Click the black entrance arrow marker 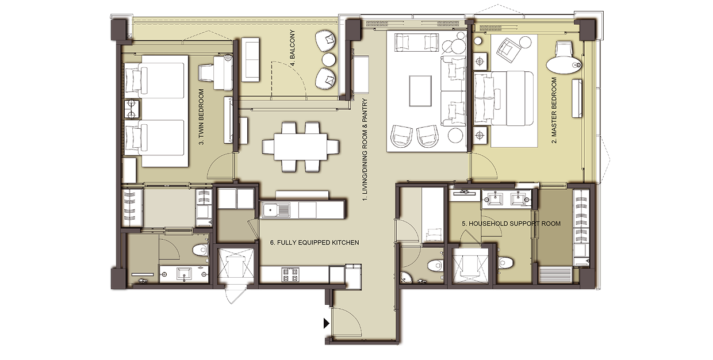coord(326,323)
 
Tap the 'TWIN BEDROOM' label coord(201,117)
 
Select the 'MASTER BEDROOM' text coord(554,110)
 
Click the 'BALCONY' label coord(292,48)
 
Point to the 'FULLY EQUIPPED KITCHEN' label coord(315,243)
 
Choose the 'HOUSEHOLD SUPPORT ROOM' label coord(511,224)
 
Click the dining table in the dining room coord(301,147)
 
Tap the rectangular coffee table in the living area coord(420,91)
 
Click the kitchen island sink coord(275,210)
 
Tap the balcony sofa coord(250,60)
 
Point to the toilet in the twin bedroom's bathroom coord(201,250)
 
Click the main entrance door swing coord(346,322)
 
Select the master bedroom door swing coord(484,166)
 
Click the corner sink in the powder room coord(406,278)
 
